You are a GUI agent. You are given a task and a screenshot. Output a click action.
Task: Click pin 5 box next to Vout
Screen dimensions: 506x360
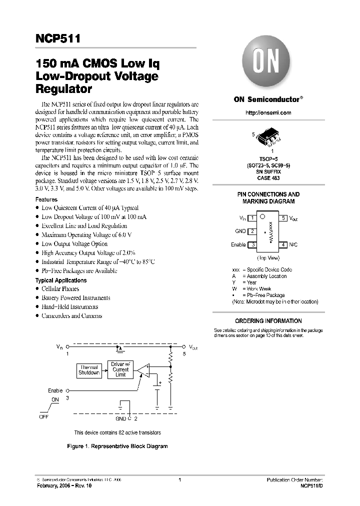click(x=283, y=218)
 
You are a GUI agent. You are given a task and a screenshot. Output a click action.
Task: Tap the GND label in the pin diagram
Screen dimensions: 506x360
click(x=240, y=231)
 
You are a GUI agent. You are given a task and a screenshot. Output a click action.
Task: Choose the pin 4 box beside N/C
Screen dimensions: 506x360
click(x=283, y=244)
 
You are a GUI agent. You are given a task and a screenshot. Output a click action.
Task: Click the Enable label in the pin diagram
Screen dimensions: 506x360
click(x=238, y=244)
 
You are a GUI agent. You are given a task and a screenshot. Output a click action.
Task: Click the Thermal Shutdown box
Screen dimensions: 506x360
click(x=89, y=370)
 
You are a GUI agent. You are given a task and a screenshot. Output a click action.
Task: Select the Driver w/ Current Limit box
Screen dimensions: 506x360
click(x=121, y=369)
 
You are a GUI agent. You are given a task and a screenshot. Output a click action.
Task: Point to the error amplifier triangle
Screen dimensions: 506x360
click(x=143, y=370)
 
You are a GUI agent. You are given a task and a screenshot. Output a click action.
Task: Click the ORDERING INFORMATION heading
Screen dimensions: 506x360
click(x=268, y=321)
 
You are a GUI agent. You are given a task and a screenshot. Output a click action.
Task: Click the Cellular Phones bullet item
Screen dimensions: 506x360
click(x=60, y=289)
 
